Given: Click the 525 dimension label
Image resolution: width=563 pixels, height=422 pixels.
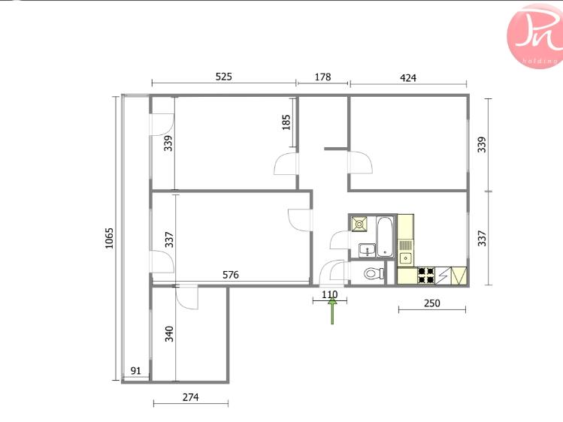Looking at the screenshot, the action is [224, 77].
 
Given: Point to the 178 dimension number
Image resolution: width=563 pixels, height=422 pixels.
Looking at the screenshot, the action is [322, 77].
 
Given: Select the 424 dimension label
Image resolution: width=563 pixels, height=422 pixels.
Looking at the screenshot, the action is [408, 78].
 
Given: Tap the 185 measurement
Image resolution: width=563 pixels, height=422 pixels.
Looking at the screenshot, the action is [286, 122].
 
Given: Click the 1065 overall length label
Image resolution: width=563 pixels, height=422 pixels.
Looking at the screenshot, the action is [109, 238].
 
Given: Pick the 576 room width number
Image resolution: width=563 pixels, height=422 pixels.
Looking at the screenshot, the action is [231, 275].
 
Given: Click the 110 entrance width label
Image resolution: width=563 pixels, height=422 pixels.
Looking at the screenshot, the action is [330, 294].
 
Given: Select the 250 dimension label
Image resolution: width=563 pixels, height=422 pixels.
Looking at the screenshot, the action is [432, 303].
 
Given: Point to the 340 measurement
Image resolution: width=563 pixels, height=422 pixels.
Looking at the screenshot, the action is [169, 334].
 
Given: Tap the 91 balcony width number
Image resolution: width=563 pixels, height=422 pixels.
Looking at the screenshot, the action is [136, 371].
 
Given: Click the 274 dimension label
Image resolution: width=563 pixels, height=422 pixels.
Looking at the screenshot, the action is [191, 397].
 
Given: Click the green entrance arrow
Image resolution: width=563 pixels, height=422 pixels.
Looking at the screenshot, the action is [332, 311].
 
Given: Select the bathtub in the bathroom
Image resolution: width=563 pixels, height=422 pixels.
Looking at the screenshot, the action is [385, 237].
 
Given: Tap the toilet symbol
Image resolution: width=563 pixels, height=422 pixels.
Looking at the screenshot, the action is [374, 273].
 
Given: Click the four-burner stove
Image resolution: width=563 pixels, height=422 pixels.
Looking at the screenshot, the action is [426, 276].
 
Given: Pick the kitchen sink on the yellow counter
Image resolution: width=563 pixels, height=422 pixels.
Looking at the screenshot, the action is [406, 258].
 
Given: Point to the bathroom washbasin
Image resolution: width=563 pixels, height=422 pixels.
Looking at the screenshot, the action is [367, 249].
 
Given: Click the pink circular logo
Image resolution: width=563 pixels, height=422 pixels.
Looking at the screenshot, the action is [535, 36].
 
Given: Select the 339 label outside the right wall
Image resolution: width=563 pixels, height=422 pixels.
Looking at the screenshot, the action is [482, 144].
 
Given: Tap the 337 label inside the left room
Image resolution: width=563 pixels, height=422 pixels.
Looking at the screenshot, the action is [169, 240].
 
